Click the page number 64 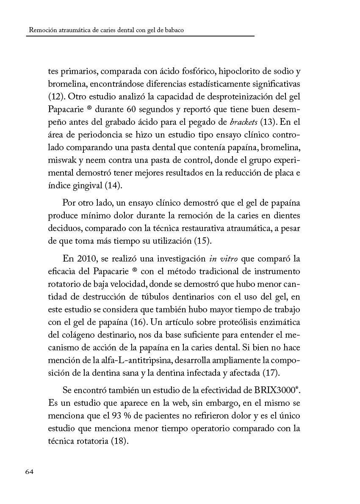[x=29, y=472]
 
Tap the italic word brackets [x=242, y=123]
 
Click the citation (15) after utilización [x=207, y=242]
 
